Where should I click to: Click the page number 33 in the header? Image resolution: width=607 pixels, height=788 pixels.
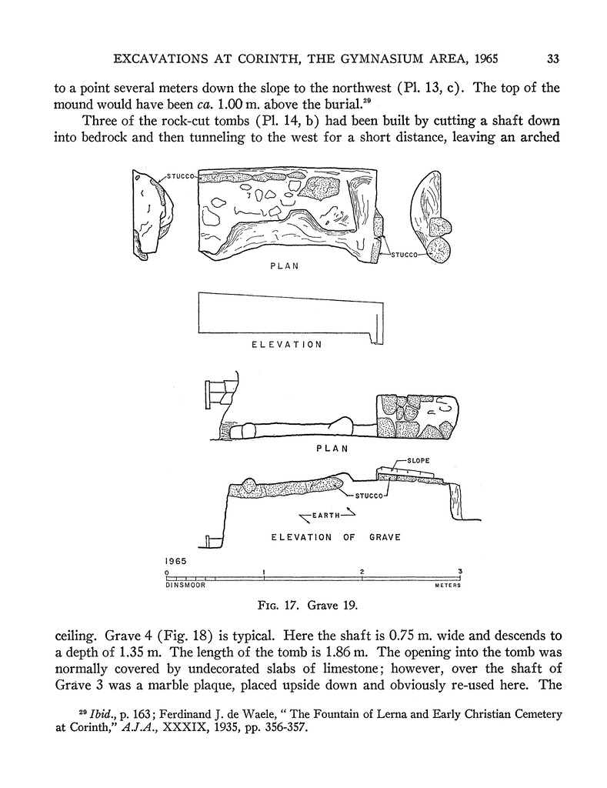552,58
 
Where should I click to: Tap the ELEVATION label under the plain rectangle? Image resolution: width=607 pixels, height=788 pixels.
287,345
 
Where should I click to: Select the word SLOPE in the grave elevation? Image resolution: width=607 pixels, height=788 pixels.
419,460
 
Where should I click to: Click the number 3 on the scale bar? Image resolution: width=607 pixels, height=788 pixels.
459,571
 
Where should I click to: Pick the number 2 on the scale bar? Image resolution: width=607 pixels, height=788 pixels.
362,571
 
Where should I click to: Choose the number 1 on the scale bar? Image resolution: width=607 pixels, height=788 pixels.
264,571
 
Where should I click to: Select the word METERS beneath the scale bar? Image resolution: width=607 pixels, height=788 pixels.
447,586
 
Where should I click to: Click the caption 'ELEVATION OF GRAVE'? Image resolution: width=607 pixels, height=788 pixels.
336,537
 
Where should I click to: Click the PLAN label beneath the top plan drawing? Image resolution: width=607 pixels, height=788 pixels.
284,267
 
